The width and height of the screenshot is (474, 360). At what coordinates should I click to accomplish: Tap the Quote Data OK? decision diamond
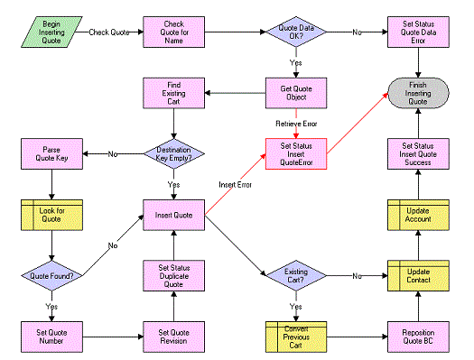click(295, 32)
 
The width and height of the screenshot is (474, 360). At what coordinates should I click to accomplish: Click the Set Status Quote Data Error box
click(418, 32)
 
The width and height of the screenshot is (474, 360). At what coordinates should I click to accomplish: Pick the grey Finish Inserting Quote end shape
click(418, 93)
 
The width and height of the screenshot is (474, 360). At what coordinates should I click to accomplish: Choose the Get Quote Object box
click(295, 92)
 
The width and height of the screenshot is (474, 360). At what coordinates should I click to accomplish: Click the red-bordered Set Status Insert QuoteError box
click(295, 153)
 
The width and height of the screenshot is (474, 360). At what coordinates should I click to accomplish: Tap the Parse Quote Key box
click(51, 153)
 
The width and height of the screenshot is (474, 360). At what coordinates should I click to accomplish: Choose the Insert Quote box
click(173, 216)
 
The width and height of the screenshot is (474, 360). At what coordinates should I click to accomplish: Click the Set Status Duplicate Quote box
click(173, 274)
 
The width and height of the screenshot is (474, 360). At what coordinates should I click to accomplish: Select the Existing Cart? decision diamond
click(295, 274)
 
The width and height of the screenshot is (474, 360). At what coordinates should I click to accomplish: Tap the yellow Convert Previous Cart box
click(295, 333)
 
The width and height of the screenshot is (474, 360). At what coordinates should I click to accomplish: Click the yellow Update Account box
click(418, 216)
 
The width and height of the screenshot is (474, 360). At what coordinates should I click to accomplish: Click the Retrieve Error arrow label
click(295, 124)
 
